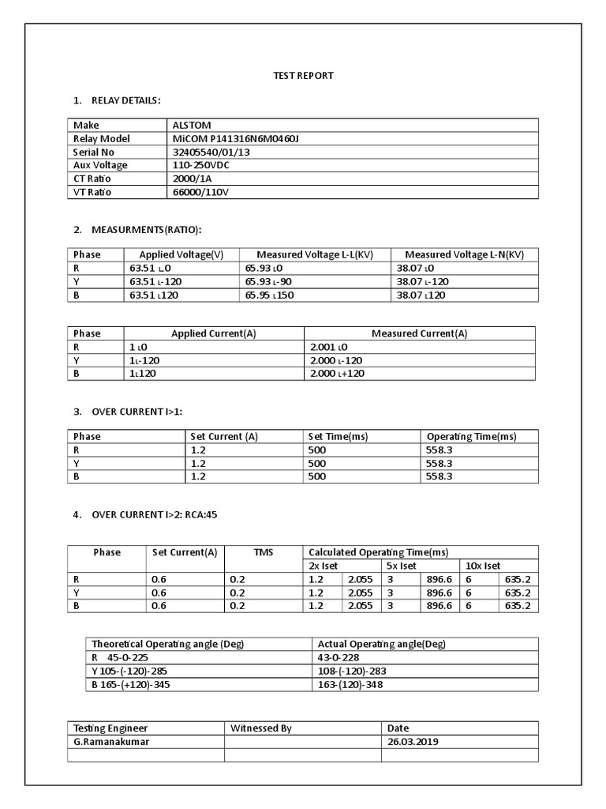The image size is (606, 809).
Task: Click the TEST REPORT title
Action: click(x=303, y=76)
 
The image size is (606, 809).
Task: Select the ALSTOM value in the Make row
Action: click(x=192, y=125)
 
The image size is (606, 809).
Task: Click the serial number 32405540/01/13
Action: click(x=210, y=152)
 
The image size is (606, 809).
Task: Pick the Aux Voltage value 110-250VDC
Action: click(x=204, y=165)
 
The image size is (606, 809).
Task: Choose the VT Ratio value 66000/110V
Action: click(x=201, y=192)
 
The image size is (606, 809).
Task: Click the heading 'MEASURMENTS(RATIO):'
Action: click(x=146, y=230)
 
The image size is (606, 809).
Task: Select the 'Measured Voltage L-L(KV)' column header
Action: click(x=314, y=254)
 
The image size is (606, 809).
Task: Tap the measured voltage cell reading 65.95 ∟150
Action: click(x=267, y=295)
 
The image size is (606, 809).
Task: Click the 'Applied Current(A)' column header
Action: click(x=214, y=333)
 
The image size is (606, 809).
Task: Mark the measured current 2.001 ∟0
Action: click(x=329, y=347)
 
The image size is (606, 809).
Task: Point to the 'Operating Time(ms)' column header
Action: click(x=471, y=436)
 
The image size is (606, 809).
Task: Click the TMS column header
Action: click(x=263, y=552)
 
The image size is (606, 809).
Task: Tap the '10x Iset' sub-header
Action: click(x=483, y=566)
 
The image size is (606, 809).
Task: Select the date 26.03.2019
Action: click(x=413, y=742)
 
